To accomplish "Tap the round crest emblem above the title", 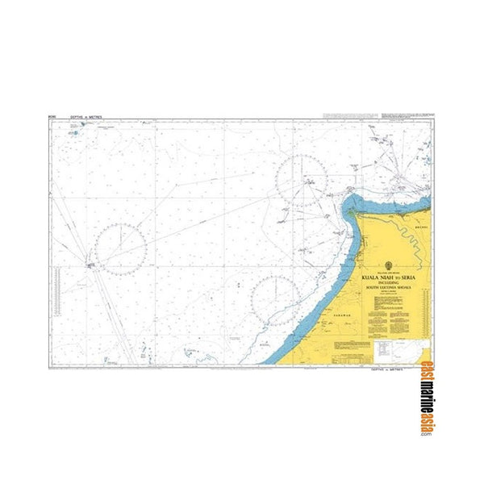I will [x=391, y=265].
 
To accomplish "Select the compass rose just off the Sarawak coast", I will [x=275, y=300].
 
